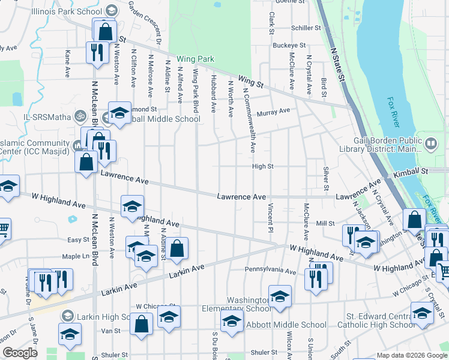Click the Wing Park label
(x=195, y=59)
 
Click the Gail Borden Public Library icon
(x=430, y=143)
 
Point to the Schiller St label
(x=306, y=28)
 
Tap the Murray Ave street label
(x=273, y=112)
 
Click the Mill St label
(x=325, y=223)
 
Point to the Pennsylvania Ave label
(x=270, y=272)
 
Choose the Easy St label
(x=78, y=240)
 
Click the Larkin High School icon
(x=68, y=316)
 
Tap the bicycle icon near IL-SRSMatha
(x=80, y=115)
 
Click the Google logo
(x=20, y=353)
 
